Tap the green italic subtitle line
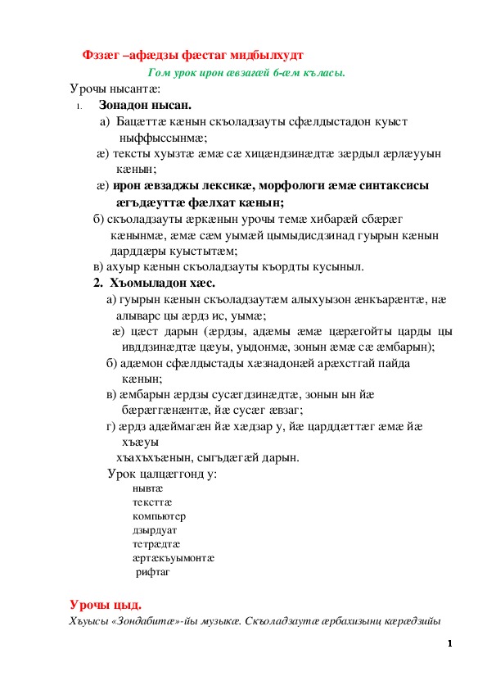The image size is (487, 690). (246, 72)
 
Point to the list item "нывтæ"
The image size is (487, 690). (147, 487)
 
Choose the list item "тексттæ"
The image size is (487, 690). (152, 502)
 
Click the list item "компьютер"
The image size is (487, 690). (159, 516)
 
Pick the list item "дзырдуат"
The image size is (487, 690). (155, 530)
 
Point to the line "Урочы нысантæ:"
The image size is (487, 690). (115, 89)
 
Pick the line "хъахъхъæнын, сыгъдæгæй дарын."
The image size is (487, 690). (208, 456)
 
